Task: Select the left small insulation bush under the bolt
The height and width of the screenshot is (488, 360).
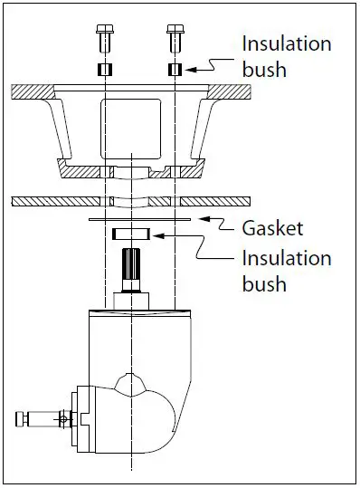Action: tap(105, 70)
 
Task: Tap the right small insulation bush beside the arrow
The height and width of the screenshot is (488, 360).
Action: tap(175, 70)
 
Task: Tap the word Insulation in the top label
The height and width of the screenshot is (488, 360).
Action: tap(286, 43)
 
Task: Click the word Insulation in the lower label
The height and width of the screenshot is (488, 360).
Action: tap(286, 259)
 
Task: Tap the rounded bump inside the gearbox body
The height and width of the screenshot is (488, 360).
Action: tap(133, 381)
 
